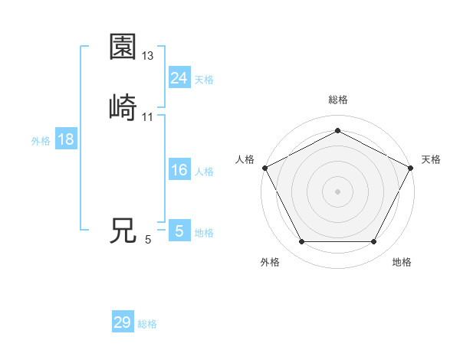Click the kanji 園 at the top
[123, 47]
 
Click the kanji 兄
[123, 231]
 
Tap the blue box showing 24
[179, 77]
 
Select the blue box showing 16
[179, 170]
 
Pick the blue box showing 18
[65, 139]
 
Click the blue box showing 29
[123, 322]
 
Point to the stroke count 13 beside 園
[148, 56]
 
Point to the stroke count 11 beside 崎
[148, 116]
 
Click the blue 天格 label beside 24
[204, 79]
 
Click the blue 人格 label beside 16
[204, 172]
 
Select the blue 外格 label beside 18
[41, 141]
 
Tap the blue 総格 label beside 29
[147, 324]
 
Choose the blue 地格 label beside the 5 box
[204, 233]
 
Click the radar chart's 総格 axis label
[337, 100]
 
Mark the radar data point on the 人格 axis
[264, 167]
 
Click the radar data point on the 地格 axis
[373, 242]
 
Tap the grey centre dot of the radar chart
[337, 191]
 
